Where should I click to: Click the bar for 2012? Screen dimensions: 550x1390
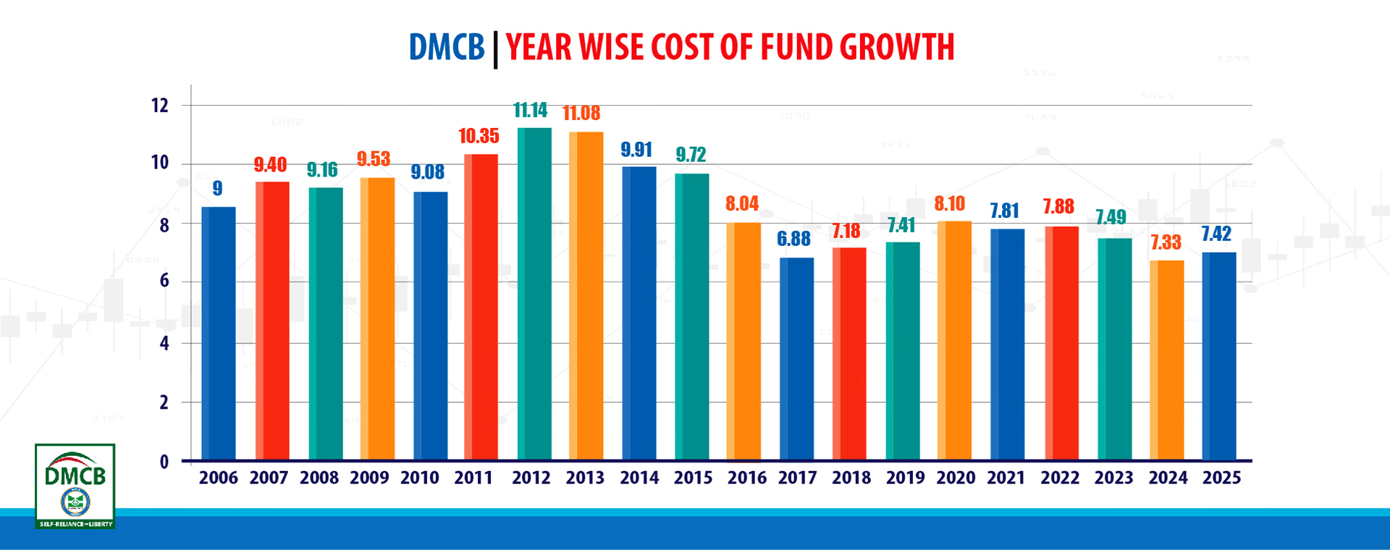[x=534, y=293]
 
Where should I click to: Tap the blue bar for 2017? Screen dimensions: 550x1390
[x=796, y=358]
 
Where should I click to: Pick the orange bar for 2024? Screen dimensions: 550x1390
[x=1166, y=360]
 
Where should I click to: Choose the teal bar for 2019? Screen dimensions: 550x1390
[x=902, y=350]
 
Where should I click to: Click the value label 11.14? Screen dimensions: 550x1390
[x=530, y=110]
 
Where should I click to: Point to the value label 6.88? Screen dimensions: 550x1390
[x=793, y=239]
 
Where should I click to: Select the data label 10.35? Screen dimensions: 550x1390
[x=479, y=136]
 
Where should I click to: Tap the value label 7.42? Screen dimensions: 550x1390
[x=1216, y=234]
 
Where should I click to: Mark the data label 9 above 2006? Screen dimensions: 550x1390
[x=217, y=188]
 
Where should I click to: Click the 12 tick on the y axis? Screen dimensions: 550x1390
[x=159, y=106]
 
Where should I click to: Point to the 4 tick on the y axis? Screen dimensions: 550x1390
[x=164, y=343]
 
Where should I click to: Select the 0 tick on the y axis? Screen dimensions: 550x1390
[x=164, y=462]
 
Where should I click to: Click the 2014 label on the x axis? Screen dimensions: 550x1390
[x=639, y=478]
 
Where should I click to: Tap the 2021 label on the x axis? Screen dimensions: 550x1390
[x=1006, y=478]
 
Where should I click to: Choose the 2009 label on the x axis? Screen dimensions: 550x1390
[x=369, y=478]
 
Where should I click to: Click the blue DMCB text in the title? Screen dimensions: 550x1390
[x=446, y=48]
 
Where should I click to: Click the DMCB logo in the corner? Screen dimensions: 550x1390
[x=75, y=486]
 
